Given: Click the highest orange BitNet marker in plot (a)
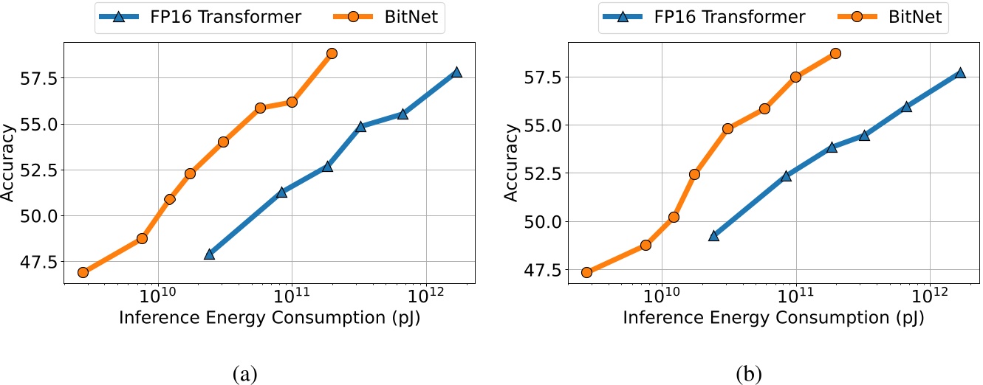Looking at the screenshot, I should coord(332,53).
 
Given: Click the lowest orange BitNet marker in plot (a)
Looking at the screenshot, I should coord(83,272).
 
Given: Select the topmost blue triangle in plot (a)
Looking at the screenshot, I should coord(456,72).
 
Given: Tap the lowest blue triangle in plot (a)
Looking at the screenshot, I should coord(209,254).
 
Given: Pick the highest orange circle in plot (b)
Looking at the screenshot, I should coord(835,53).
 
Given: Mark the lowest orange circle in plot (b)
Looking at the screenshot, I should coord(586,272).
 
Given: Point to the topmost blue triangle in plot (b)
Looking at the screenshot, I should coord(960,72).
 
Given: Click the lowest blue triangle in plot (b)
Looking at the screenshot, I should coord(713,235).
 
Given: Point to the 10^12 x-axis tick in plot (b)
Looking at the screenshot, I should coord(930,296).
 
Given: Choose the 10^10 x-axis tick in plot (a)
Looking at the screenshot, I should coord(157,296).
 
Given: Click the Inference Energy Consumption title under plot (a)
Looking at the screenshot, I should coord(270,319).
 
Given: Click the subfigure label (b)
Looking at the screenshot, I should coord(749,373).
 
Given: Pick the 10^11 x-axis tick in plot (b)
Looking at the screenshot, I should coord(796,296).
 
